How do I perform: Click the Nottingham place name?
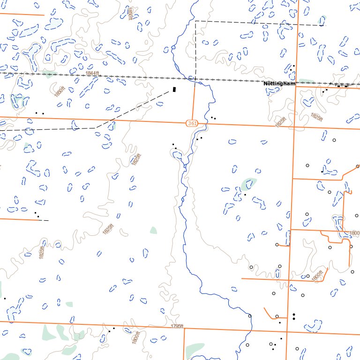[x=279, y=83]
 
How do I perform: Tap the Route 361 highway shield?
[x=188, y=123]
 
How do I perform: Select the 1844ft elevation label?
[x=92, y=74]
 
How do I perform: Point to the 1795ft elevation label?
[x=177, y=326]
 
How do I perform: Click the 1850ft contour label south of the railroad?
[x=59, y=91]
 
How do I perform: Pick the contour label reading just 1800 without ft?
[x=354, y=233]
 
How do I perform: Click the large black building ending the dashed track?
[x=174, y=89]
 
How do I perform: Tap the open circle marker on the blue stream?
[x=249, y=316]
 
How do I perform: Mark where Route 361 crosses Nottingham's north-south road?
[x=294, y=126]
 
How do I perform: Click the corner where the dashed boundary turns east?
[x=195, y=21]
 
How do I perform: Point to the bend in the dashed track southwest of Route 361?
[x=96, y=127]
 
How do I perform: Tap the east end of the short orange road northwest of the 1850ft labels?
[x=44, y=15]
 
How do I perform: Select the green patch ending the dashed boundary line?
[x=322, y=21]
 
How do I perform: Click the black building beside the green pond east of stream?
[x=245, y=194]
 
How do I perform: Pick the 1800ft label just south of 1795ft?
[x=136, y=337]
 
